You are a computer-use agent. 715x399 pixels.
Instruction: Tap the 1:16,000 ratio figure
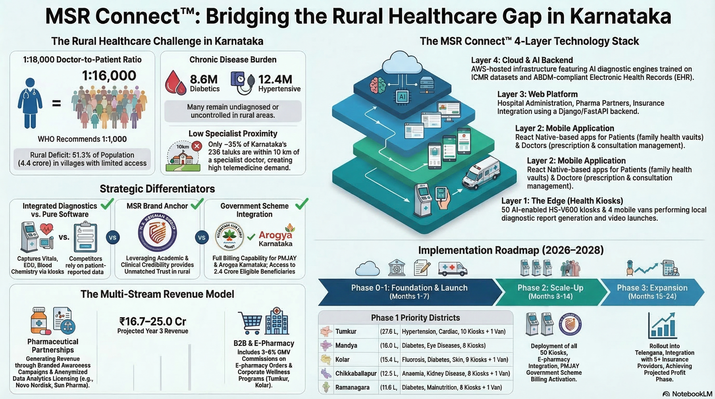tap(109, 76)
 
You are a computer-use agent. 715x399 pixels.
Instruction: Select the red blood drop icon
tap(175, 83)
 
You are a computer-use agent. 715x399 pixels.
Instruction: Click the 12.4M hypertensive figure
tap(275, 80)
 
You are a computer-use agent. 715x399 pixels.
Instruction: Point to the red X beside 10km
tap(197, 146)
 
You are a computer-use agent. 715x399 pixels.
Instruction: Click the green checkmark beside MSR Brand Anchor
tap(197, 204)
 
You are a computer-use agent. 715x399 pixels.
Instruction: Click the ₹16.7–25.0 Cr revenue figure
tap(153, 322)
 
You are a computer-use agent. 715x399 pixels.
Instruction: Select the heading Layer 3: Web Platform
tap(537, 94)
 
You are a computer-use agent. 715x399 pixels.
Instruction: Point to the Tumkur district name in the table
tap(346, 332)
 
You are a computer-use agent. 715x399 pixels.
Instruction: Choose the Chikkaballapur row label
tap(356, 374)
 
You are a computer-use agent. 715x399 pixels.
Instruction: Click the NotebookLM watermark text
tap(691, 394)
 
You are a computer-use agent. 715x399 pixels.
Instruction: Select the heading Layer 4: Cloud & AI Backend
tap(522, 60)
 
